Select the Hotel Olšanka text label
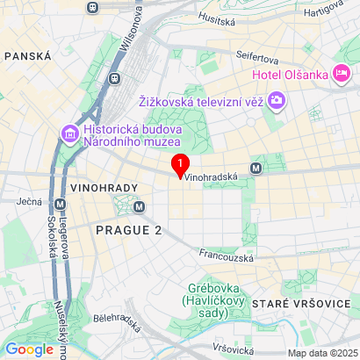(289, 75)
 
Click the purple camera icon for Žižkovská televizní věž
(277, 100)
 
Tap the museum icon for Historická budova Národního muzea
(68, 133)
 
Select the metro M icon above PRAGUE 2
(140, 206)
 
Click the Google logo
(29, 349)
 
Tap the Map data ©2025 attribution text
(323, 353)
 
